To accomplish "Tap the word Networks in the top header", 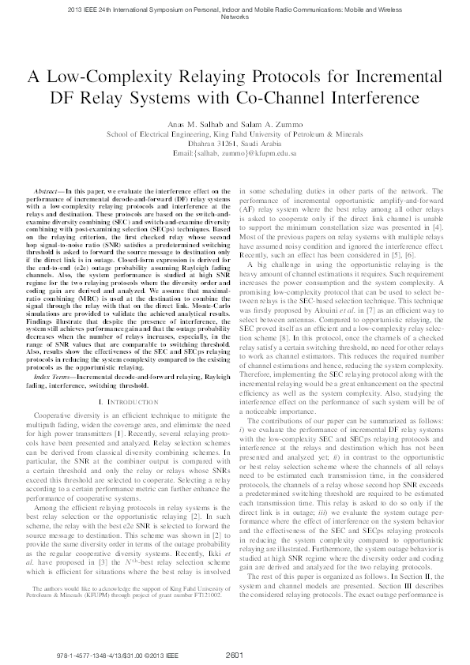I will [x=235, y=16].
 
